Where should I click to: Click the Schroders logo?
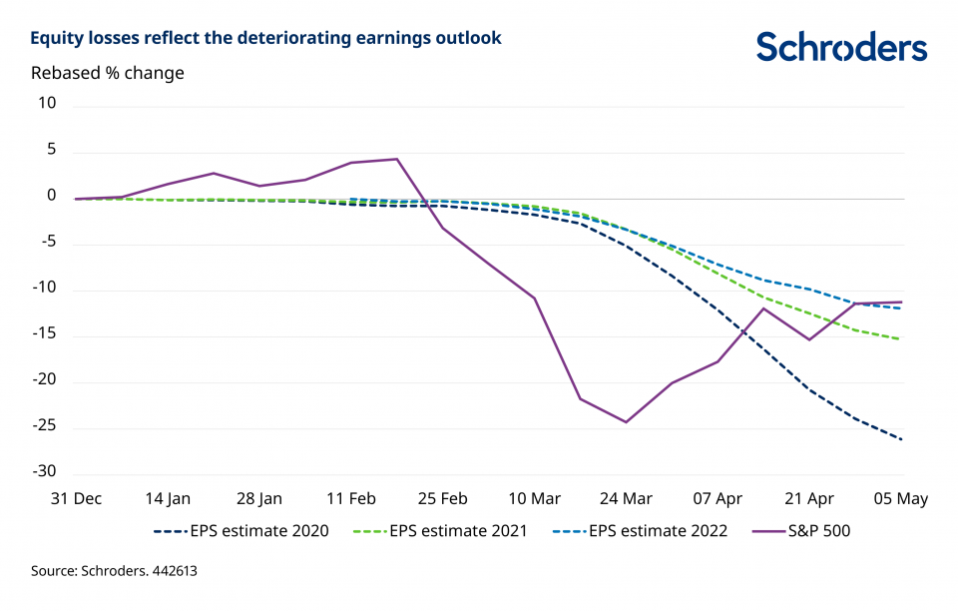(x=841, y=46)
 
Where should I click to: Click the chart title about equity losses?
(x=265, y=39)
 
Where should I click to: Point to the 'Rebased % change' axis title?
(x=108, y=73)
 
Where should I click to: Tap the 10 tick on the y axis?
(x=47, y=104)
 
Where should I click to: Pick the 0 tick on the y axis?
(x=51, y=197)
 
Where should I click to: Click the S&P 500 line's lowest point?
(x=626, y=422)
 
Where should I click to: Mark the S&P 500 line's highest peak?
(x=397, y=159)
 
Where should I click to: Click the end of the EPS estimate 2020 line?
(x=902, y=440)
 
